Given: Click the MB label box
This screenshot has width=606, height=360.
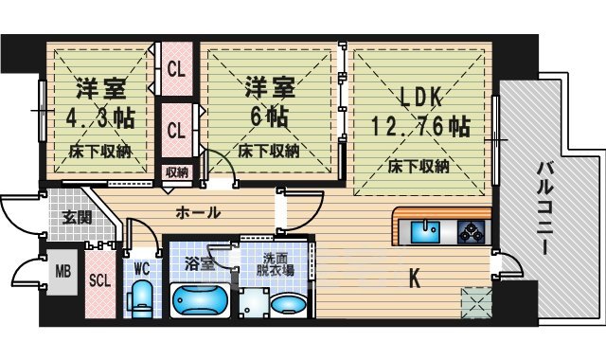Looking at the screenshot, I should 62,272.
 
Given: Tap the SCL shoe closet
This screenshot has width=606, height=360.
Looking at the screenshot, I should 98,280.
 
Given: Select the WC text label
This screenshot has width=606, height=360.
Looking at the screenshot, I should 142,268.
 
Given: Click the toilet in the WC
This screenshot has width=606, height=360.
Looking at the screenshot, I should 142,300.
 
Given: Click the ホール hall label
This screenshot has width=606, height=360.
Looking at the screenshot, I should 199,212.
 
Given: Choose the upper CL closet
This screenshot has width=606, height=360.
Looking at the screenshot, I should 176,68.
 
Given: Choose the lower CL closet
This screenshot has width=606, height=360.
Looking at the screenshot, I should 176,130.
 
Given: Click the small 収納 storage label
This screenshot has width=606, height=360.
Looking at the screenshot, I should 176,171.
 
